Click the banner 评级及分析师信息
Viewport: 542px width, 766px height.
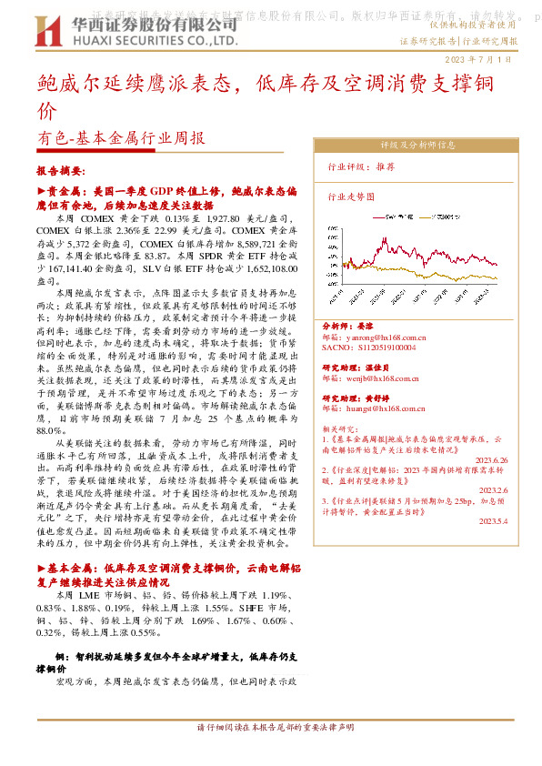tap(417, 144)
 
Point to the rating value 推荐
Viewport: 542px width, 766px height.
tap(386, 167)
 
